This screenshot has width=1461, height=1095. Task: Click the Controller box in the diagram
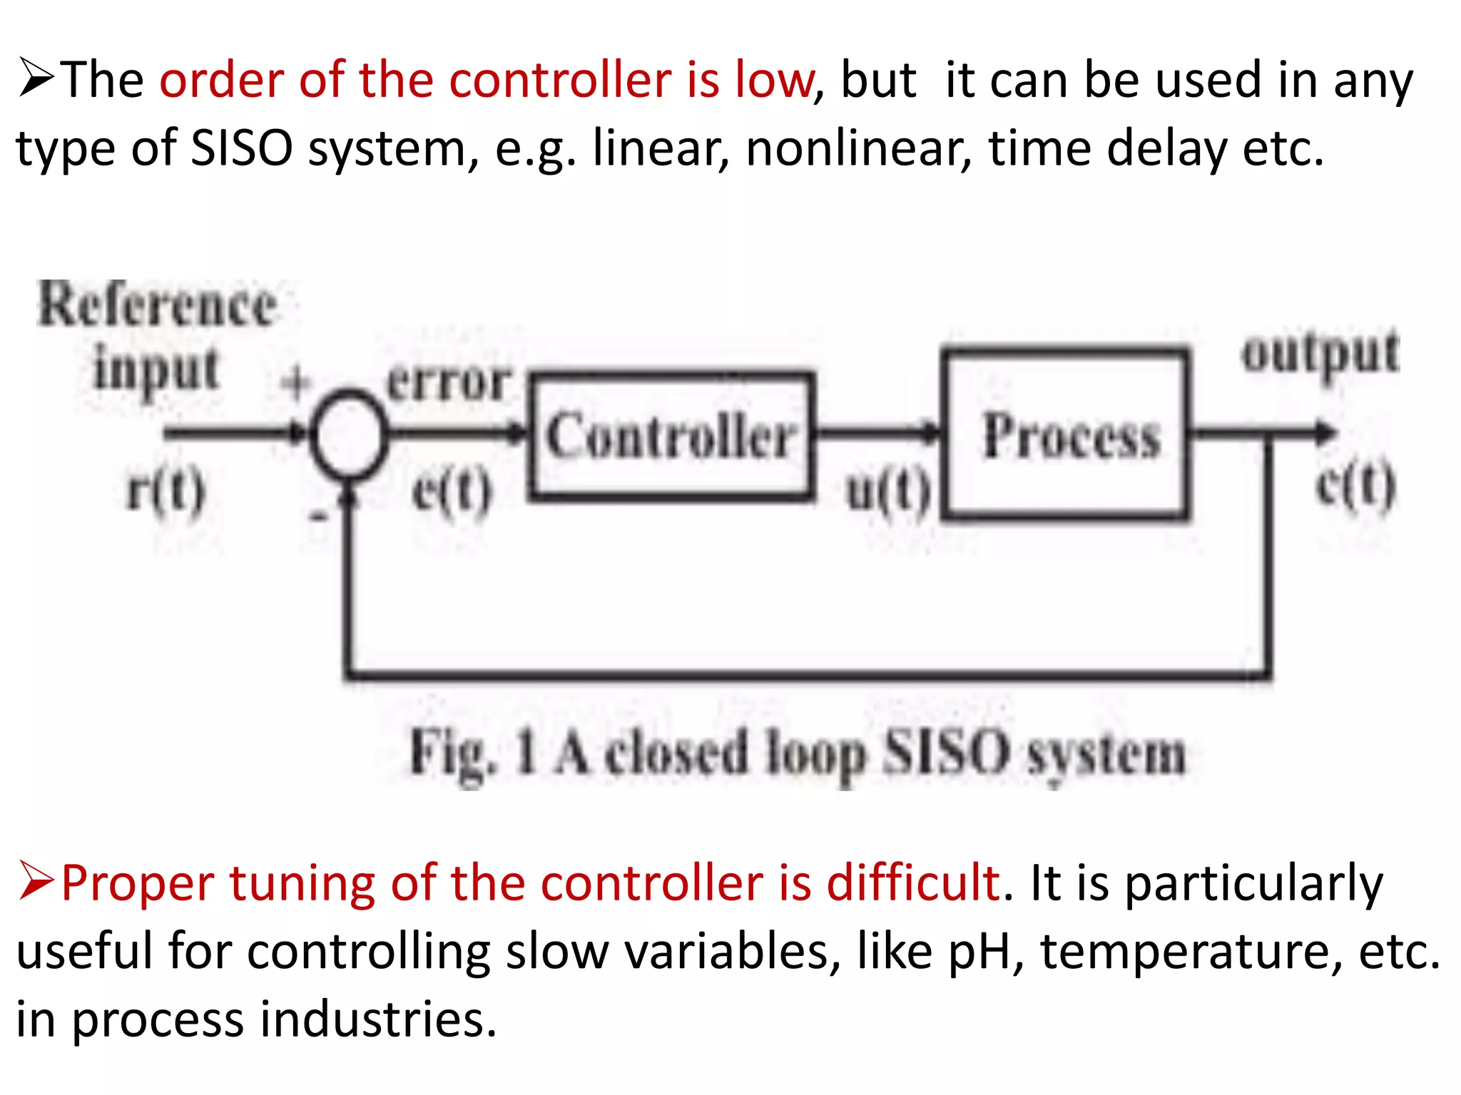(x=671, y=436)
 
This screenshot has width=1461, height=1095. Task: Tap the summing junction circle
(x=349, y=433)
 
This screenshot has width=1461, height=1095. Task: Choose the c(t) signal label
(x=1355, y=486)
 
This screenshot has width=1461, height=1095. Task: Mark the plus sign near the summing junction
(x=295, y=383)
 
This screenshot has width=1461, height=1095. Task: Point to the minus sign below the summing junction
(x=318, y=515)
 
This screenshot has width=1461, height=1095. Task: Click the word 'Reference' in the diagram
(x=157, y=305)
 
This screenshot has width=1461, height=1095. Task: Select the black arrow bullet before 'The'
(x=36, y=78)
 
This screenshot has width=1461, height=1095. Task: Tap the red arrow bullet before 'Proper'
(x=36, y=881)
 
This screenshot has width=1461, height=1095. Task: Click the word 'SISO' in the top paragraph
(x=242, y=148)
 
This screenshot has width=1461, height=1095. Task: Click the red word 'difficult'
(x=913, y=883)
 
